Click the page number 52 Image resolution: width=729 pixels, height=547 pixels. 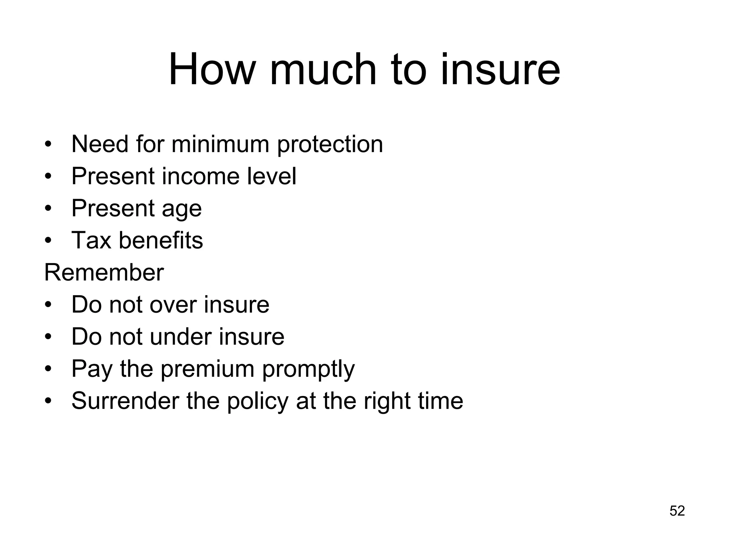pos(677,511)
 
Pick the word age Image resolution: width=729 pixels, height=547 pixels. pos(182,209)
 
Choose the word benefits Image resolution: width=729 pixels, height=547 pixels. pos(161,240)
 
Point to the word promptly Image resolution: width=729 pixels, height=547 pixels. pos(309,369)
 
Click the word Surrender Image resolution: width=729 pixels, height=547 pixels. pos(125,401)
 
